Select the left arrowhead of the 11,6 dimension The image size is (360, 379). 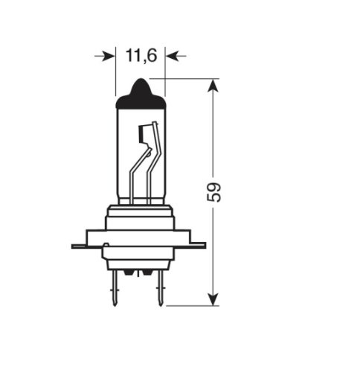109,55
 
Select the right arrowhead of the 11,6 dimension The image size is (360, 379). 173,55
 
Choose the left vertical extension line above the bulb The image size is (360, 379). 117,74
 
